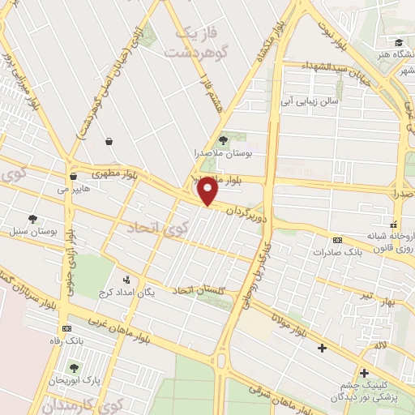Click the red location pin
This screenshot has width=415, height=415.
click(208, 190)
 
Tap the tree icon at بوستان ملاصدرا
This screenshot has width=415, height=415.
click(224, 140)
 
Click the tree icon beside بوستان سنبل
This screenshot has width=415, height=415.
click(32, 220)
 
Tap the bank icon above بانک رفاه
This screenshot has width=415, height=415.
click(66, 328)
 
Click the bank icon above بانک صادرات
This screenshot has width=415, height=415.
click(338, 240)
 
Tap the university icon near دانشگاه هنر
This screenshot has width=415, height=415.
click(398, 42)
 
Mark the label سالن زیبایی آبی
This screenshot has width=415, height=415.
click(308, 102)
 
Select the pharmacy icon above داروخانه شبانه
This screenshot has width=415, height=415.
click(394, 225)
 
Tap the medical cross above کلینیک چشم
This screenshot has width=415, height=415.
click(364, 372)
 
